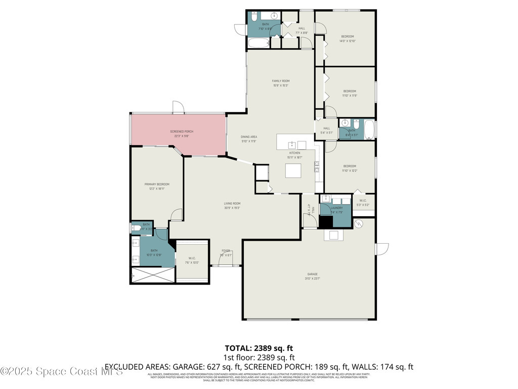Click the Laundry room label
(337, 208)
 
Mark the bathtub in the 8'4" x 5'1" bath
(369, 130)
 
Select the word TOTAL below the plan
(238, 348)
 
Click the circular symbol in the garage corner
(359, 224)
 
